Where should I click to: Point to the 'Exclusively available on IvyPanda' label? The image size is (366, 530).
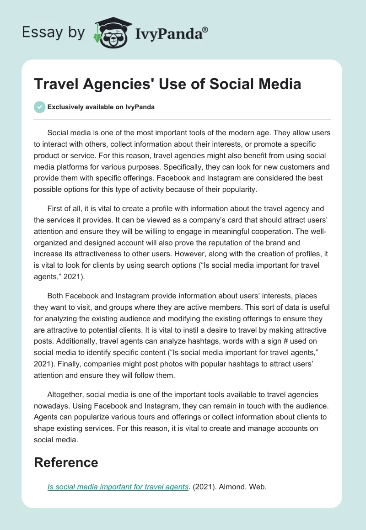[101, 107]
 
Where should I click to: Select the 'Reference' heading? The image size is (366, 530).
[66, 462]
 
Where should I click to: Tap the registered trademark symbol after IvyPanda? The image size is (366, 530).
[205, 30]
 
